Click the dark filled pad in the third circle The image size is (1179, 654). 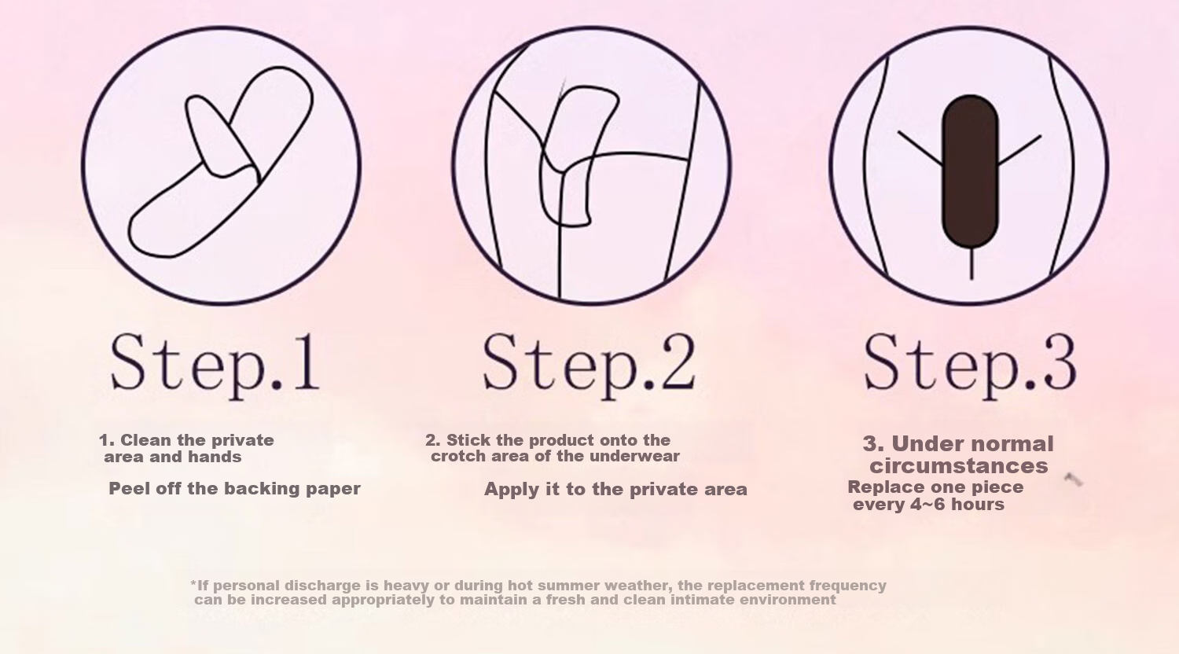click(x=970, y=171)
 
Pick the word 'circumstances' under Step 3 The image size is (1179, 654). click(x=958, y=466)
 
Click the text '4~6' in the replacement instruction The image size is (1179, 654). click(x=927, y=505)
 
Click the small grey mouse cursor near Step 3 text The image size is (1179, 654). click(x=1072, y=479)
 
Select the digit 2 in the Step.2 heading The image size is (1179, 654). click(x=678, y=363)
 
